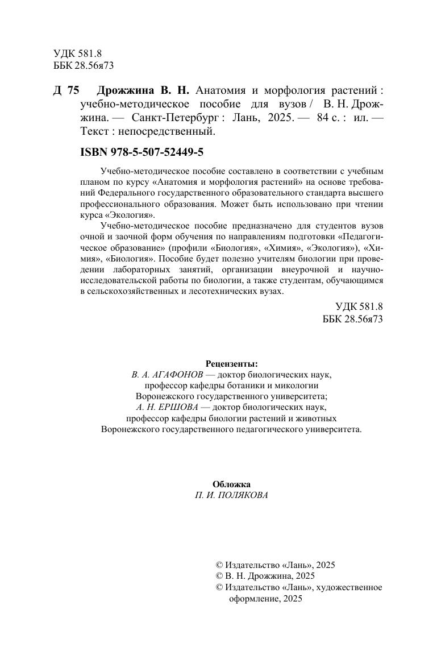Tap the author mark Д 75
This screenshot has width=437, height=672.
pyautogui.click(x=66, y=91)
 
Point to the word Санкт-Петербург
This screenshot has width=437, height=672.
pyautogui.click(x=177, y=118)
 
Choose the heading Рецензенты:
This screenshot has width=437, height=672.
pyautogui.click(x=231, y=363)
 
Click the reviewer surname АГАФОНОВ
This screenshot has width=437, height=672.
pyautogui.click(x=174, y=375)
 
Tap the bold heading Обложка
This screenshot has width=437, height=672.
pyautogui.click(x=231, y=484)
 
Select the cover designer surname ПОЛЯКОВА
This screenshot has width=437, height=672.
pyautogui.click(x=242, y=495)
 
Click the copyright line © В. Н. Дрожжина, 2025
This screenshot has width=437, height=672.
pyautogui.click(x=265, y=576)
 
